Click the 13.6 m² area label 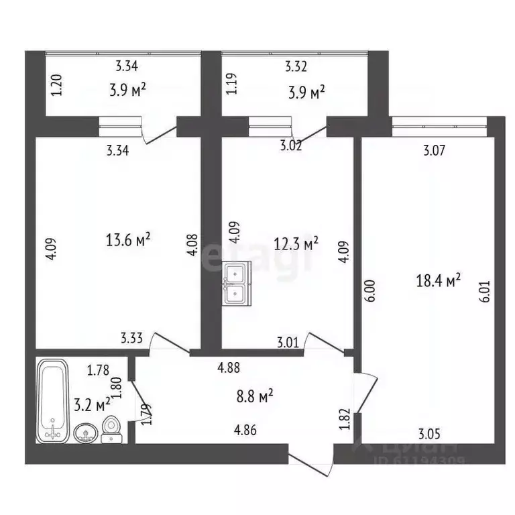pyautogui.click(x=128, y=239)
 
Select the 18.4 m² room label pyautogui.click(x=439, y=280)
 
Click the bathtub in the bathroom pyautogui.click(x=52, y=400)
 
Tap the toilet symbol pyautogui.click(x=112, y=428)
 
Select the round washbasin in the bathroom pyautogui.click(x=85, y=433)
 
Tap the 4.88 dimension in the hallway pyautogui.click(x=229, y=367)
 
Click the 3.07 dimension pyautogui.click(x=434, y=152)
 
